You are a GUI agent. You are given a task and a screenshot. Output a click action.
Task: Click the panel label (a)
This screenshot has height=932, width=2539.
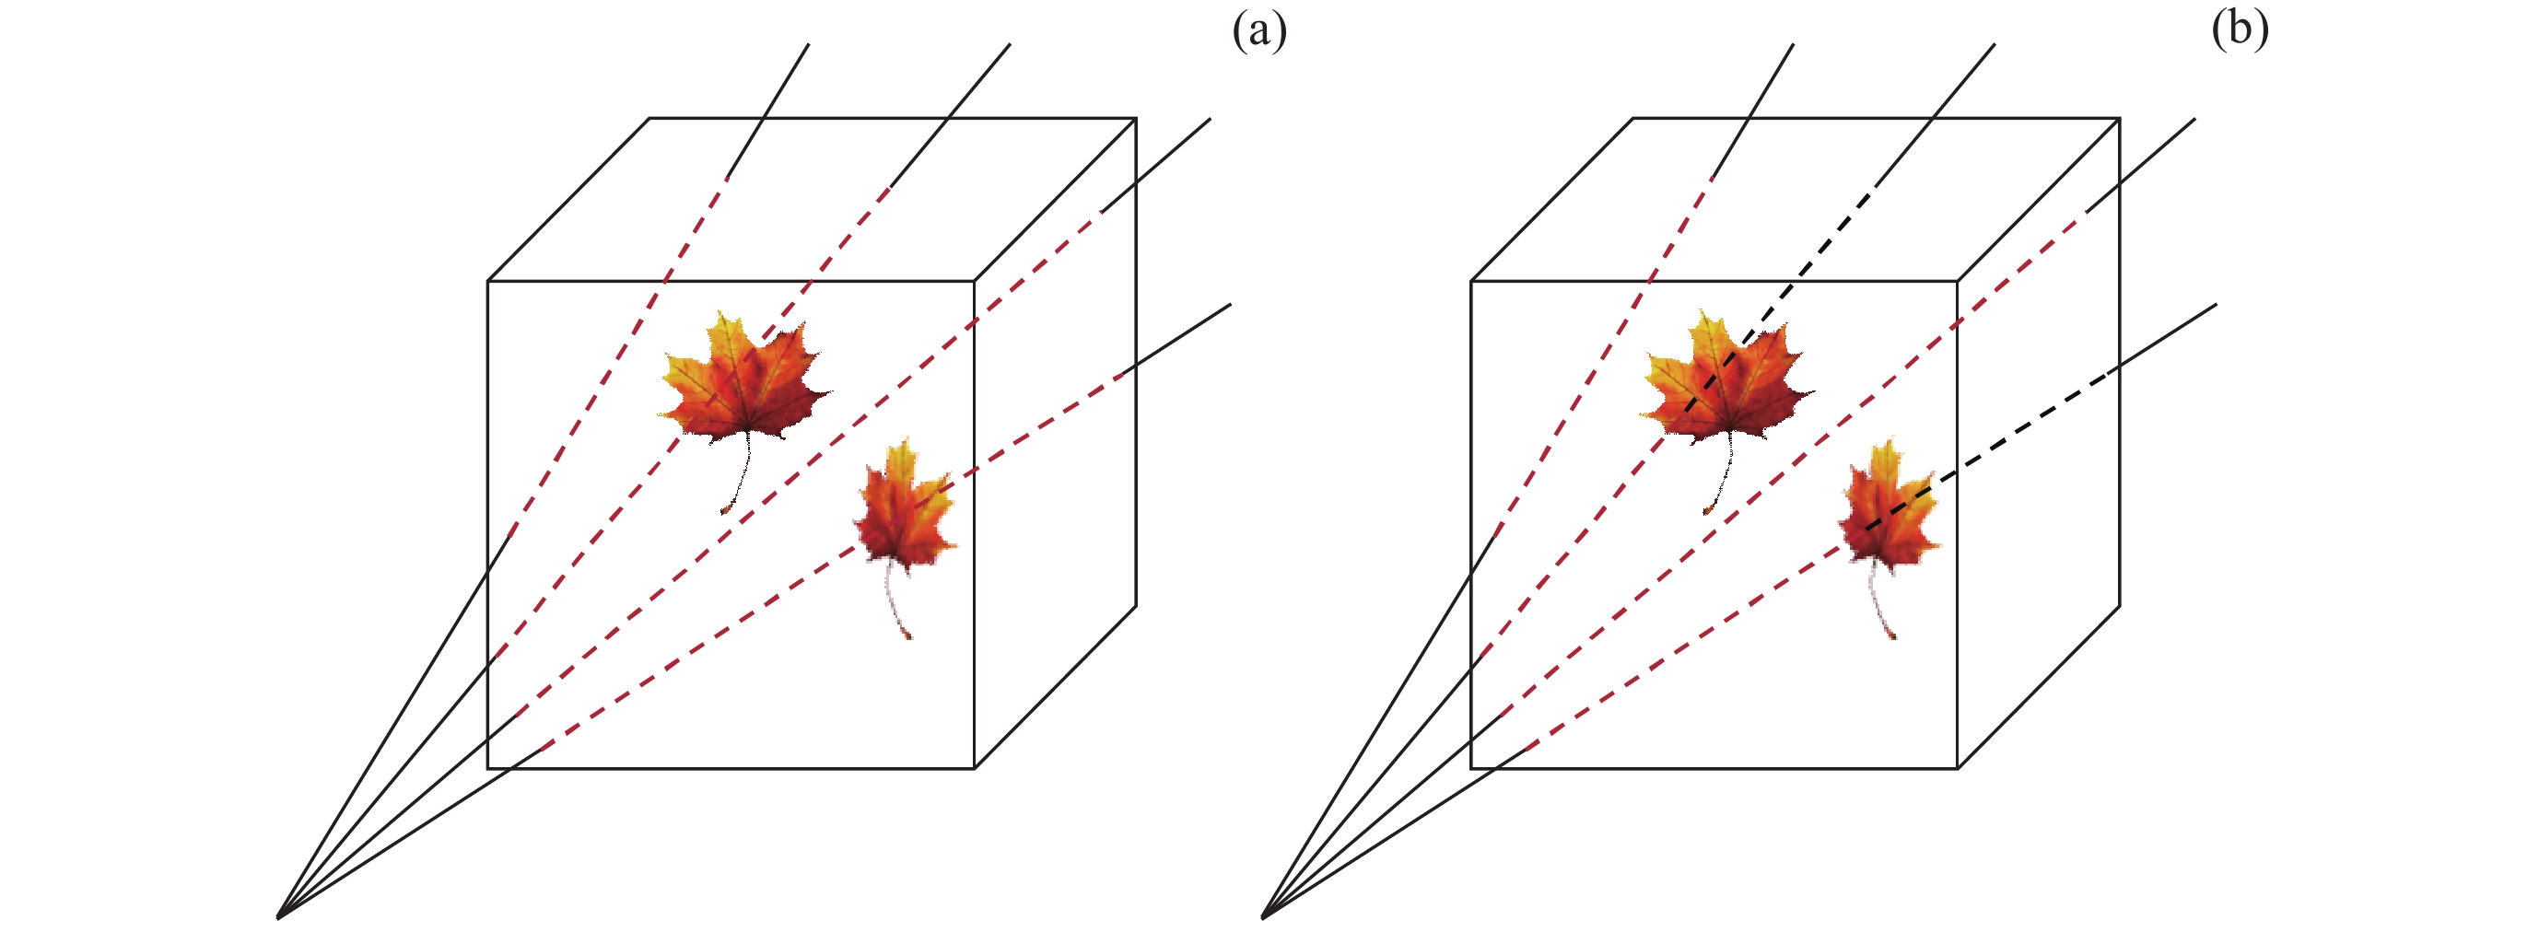(1258, 31)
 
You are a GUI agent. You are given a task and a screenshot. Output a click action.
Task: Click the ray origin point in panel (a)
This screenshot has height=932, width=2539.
(279, 917)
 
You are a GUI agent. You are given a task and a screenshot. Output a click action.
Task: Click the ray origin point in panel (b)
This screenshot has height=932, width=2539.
(1263, 917)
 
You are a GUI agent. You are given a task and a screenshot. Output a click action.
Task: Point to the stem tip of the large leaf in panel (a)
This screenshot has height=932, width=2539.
(724, 511)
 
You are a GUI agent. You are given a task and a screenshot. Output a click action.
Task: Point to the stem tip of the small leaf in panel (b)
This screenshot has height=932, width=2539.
(1891, 637)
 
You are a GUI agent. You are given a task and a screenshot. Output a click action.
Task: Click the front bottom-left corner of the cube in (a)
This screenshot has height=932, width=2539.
(488, 767)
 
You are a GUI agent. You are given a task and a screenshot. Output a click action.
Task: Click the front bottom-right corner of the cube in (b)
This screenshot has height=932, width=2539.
(1958, 767)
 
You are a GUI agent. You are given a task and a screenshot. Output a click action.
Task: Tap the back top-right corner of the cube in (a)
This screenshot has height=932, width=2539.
(1135, 119)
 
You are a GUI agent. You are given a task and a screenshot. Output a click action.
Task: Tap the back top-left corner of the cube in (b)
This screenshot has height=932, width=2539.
(1633, 119)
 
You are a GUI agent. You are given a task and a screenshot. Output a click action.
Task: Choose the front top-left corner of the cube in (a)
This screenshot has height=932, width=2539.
(488, 282)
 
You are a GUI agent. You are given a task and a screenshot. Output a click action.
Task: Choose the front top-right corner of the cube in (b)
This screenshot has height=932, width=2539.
(1958, 282)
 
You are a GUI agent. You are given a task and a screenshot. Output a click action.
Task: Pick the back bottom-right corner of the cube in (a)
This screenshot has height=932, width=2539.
(1135, 605)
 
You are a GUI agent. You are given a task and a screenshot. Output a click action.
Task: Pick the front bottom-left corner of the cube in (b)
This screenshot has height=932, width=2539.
(1471, 767)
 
